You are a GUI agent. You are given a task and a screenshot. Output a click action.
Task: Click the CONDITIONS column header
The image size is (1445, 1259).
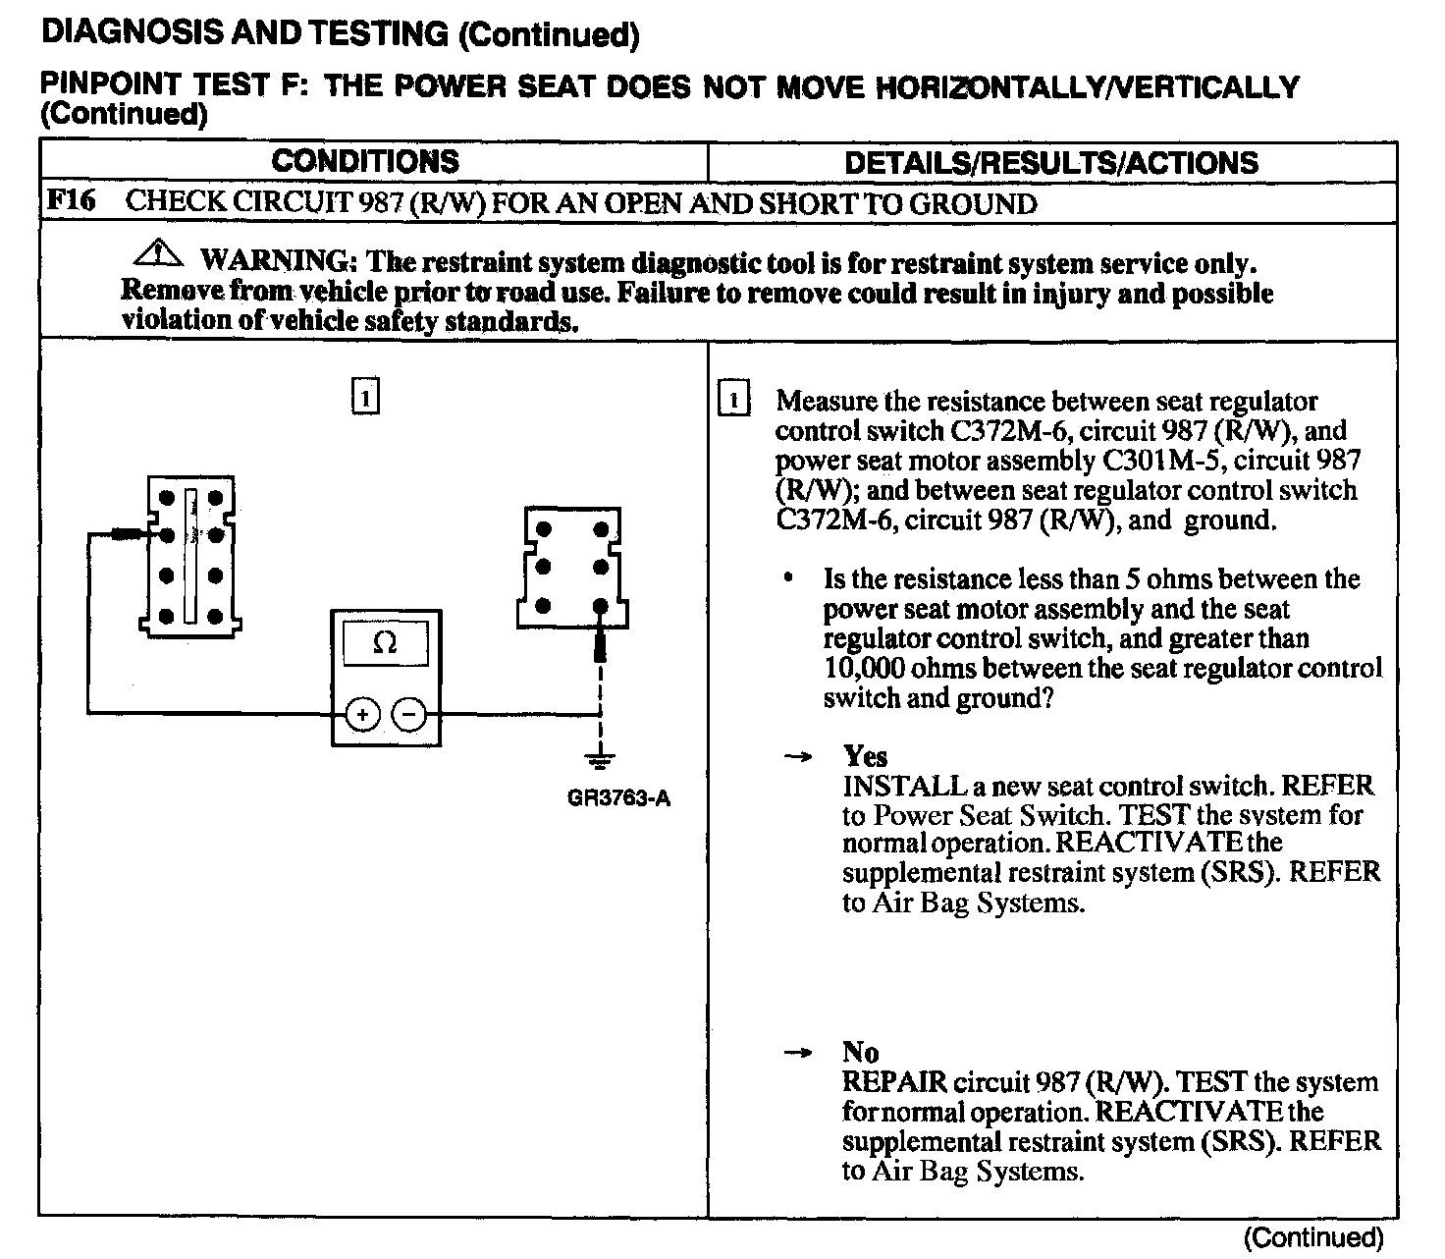(x=365, y=162)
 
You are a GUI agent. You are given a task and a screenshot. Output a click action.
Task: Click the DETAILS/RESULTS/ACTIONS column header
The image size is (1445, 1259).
(x=1051, y=163)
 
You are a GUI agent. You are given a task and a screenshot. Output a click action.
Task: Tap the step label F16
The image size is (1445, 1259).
(x=72, y=201)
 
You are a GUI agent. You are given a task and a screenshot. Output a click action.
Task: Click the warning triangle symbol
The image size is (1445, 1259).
(x=158, y=255)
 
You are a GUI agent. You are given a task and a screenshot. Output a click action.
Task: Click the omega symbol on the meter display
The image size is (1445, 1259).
(x=386, y=643)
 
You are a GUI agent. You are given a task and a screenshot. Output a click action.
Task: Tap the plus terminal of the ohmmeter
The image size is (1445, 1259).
(x=363, y=715)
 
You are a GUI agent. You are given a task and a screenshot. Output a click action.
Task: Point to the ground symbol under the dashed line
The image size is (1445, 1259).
(x=600, y=758)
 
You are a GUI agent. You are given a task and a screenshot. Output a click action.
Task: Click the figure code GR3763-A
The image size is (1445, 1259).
(x=618, y=798)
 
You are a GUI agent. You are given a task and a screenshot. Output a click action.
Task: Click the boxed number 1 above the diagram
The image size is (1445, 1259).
(x=364, y=399)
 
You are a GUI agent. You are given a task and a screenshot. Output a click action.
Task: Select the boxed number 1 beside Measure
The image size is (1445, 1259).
(x=733, y=401)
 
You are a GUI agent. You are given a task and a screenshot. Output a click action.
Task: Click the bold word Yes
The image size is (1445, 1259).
(x=865, y=756)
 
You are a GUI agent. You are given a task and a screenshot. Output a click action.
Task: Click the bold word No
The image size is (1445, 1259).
(x=860, y=1053)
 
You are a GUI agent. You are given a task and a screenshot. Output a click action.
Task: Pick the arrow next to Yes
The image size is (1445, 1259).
(x=798, y=757)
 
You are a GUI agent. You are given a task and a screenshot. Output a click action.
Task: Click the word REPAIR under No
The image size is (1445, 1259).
(x=894, y=1082)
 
